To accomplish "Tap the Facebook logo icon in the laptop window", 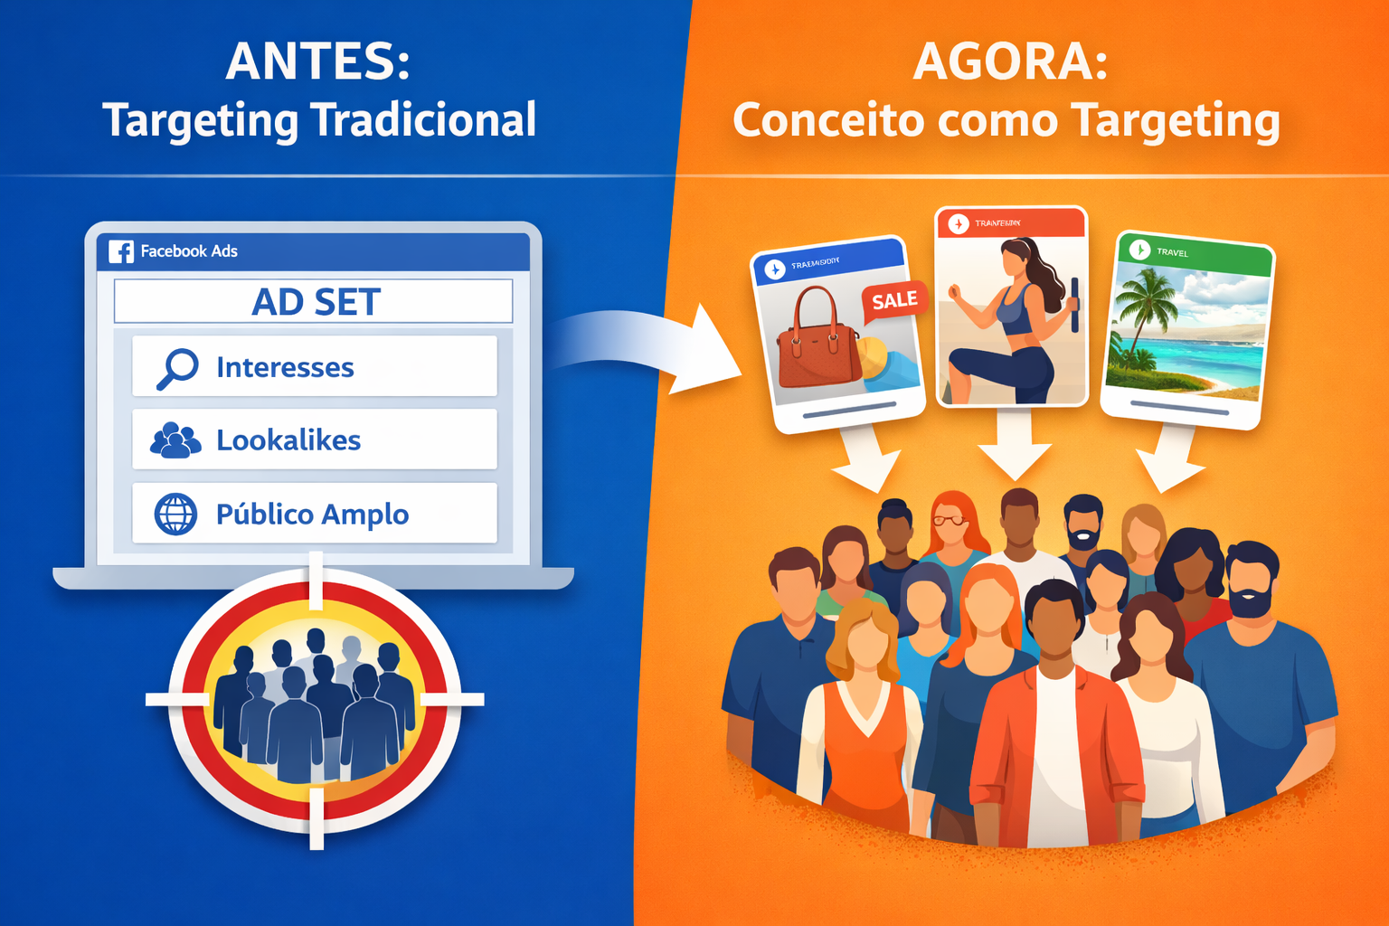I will click(121, 251).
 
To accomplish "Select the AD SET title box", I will click(313, 302).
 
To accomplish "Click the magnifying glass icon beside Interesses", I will click(177, 368).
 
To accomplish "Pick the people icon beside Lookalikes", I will click(175, 440).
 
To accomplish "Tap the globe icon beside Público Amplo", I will click(175, 515).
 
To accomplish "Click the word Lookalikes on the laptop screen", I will click(288, 440).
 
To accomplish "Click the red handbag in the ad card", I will click(817, 339).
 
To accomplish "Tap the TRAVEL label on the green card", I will click(1172, 252).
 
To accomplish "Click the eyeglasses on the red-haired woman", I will click(950, 519).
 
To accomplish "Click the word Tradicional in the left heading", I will click(423, 120).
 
